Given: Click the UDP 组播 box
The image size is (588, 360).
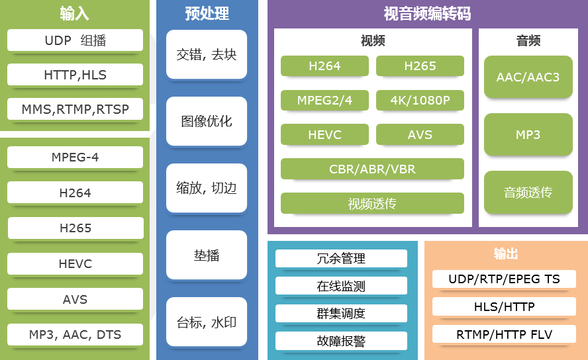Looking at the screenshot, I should click(75, 40).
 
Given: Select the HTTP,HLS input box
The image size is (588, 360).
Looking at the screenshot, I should click(75, 75).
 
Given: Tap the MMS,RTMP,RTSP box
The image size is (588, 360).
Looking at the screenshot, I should click(75, 109).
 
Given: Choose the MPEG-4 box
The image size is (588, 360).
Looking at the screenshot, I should click(75, 157).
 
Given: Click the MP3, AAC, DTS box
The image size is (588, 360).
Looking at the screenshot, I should click(75, 334).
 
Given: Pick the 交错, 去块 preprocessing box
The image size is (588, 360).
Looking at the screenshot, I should click(207, 54).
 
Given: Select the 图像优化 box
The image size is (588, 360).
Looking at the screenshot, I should click(207, 121).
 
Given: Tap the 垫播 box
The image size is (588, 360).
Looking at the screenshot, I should click(207, 255).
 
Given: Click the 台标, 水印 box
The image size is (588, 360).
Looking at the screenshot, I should click(207, 322).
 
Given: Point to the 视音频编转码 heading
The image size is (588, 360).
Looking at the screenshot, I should click(427, 13).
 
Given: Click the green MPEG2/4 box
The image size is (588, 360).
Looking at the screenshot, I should click(324, 101).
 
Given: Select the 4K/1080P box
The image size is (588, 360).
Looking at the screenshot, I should click(420, 101).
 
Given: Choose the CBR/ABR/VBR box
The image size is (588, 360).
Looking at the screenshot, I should click(372, 169).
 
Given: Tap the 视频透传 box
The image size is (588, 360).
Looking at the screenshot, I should click(372, 203).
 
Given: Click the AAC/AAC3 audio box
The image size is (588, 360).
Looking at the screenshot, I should click(528, 77).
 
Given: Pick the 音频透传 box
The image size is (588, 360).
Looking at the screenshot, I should click(528, 192).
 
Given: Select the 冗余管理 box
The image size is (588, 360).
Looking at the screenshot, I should click(341, 259).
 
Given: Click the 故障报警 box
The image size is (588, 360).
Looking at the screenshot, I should click(341, 341).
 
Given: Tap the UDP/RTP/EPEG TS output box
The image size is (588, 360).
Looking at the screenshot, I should click(504, 279).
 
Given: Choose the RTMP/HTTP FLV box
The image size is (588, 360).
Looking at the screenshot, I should click(504, 334).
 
